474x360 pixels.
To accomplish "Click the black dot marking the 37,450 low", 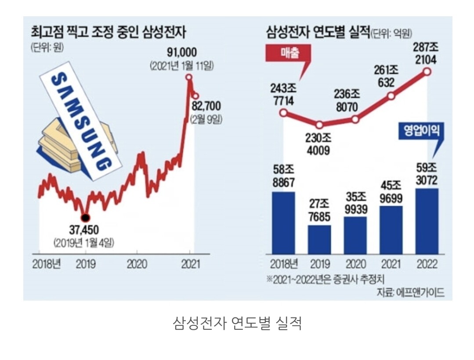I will coord(86,217).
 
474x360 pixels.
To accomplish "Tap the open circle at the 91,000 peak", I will coord(189,77).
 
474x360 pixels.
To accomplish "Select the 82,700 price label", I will coord(206,106).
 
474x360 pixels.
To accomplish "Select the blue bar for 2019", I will coord(319,239).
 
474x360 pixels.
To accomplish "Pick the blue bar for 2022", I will coord(427,221).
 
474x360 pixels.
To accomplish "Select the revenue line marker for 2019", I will coord(319,125).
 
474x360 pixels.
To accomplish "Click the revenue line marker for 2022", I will coord(427,73).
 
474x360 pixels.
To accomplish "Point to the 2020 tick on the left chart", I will coord(137,264).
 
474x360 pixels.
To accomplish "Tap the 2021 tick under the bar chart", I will coord(391,264).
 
